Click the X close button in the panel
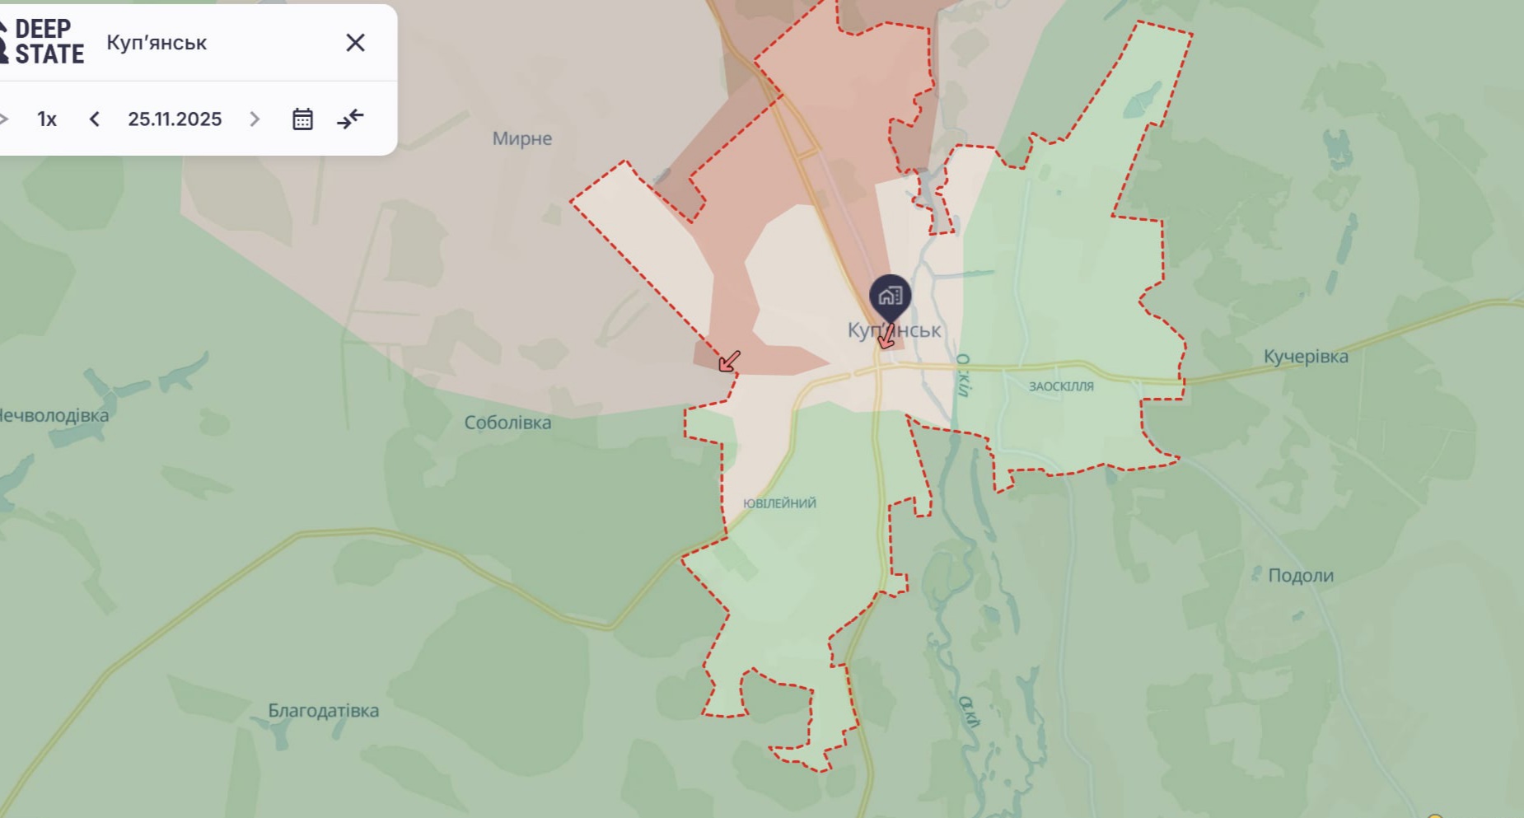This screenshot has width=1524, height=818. [355, 43]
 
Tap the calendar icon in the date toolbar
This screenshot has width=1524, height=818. [302, 119]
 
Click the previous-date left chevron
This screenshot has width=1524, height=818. [95, 119]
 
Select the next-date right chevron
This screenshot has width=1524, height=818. [255, 119]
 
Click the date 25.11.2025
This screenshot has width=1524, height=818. [175, 119]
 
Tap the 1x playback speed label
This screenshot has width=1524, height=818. [47, 119]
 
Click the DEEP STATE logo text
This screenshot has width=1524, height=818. [49, 42]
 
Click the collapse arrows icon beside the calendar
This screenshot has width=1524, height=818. [350, 119]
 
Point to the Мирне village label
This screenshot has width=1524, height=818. [522, 138]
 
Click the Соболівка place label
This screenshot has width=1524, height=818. [507, 423]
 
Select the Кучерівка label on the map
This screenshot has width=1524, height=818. [1306, 357]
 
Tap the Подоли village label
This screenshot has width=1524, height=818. [1300, 576]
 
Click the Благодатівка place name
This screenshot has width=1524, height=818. [323, 711]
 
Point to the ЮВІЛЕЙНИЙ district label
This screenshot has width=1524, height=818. [779, 503]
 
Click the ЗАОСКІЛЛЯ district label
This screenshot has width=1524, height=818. [1061, 386]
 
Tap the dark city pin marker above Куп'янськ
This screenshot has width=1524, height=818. [890, 296]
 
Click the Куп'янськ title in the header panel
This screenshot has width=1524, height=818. [157, 43]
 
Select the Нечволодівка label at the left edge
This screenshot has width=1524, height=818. [54, 415]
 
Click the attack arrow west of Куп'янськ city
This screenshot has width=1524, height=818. [729, 361]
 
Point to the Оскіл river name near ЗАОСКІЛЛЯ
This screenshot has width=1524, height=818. [962, 376]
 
